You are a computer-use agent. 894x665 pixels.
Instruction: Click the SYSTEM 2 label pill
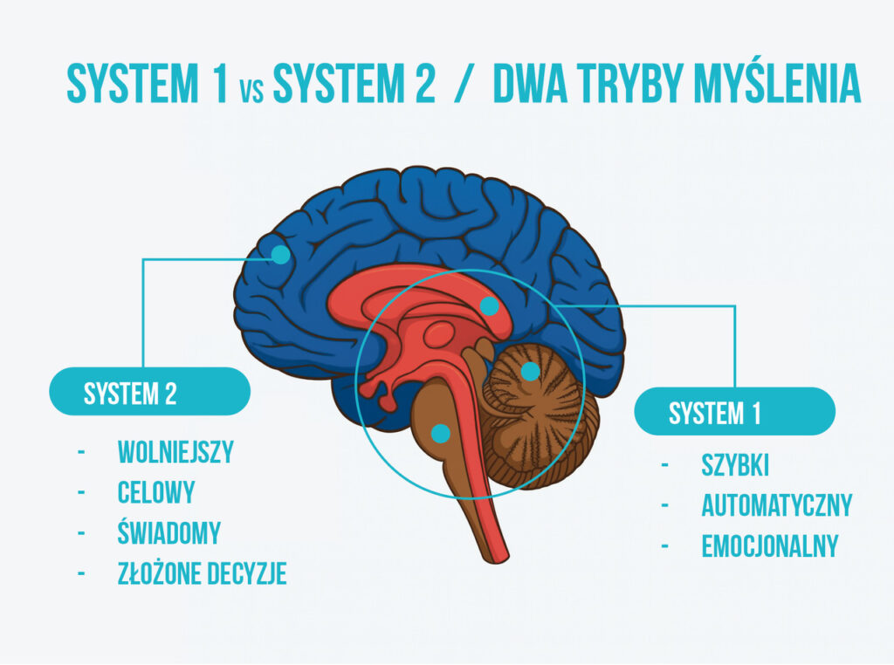click(149, 393)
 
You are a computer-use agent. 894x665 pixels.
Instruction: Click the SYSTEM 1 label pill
click(734, 412)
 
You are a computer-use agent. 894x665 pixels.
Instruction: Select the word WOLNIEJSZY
click(175, 452)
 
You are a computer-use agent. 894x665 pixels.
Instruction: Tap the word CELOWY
click(155, 492)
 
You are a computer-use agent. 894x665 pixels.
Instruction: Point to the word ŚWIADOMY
click(168, 532)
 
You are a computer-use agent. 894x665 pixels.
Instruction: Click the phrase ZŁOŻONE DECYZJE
click(202, 572)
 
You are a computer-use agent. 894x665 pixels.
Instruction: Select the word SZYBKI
click(734, 466)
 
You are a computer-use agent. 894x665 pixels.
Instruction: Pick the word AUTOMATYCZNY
click(776, 505)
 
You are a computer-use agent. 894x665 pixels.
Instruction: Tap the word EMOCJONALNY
click(769, 546)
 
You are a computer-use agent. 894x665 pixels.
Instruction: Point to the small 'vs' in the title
click(250, 90)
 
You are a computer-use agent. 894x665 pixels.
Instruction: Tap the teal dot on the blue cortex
click(280, 254)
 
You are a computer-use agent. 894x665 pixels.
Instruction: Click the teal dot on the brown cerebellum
click(530, 371)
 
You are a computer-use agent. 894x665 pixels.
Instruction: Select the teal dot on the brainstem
click(441, 432)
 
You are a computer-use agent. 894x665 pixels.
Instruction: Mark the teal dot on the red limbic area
click(490, 305)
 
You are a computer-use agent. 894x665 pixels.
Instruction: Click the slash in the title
click(459, 85)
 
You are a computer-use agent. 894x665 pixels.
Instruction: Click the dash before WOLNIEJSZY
click(81, 452)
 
